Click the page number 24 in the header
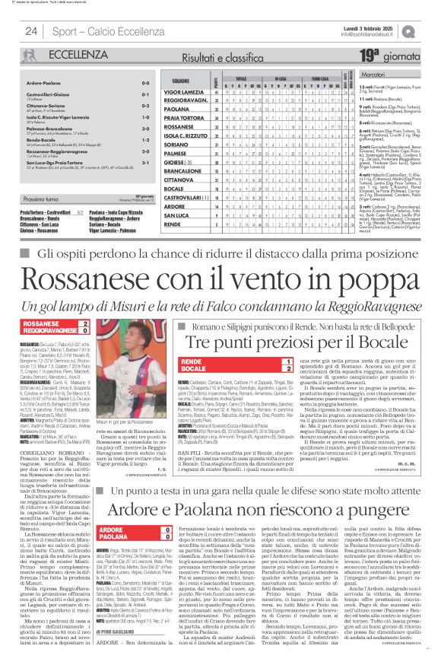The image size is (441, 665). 31,30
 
